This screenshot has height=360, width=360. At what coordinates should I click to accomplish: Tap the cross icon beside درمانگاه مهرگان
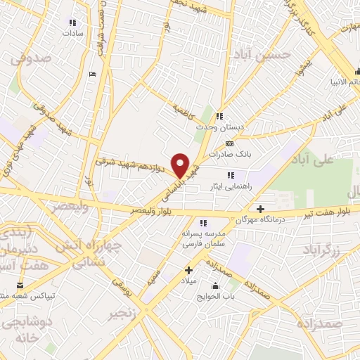click(x=260, y=209)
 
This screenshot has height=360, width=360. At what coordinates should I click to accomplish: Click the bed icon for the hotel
click(x=93, y=73)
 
